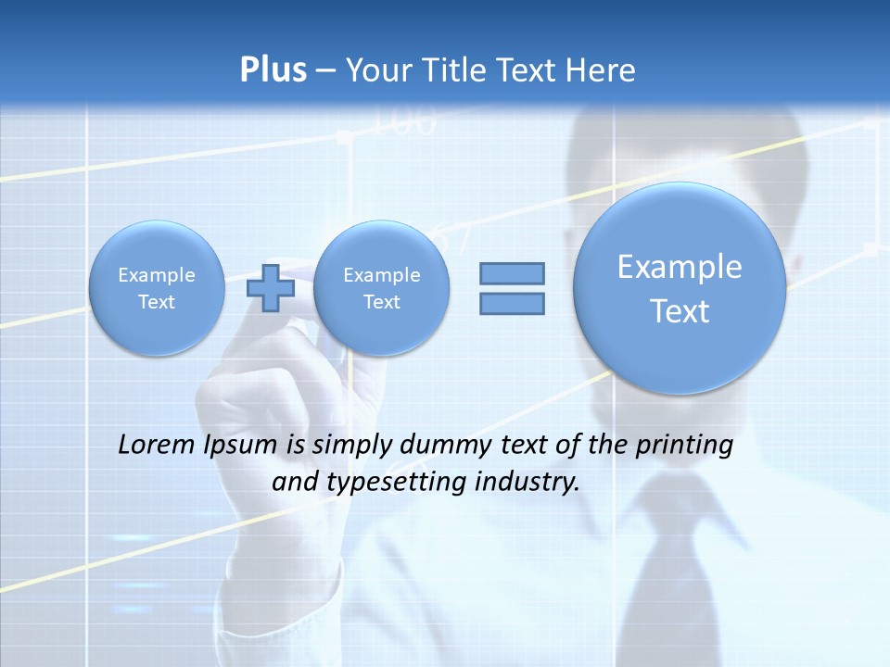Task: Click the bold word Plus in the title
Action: (273, 70)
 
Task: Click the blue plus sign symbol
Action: (271, 287)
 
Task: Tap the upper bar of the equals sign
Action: (512, 273)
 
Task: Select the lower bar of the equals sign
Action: (512, 303)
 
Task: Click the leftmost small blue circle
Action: (157, 288)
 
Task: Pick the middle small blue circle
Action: (382, 288)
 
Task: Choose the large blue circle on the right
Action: (680, 288)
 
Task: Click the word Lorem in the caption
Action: (158, 445)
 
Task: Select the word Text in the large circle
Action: (680, 311)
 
